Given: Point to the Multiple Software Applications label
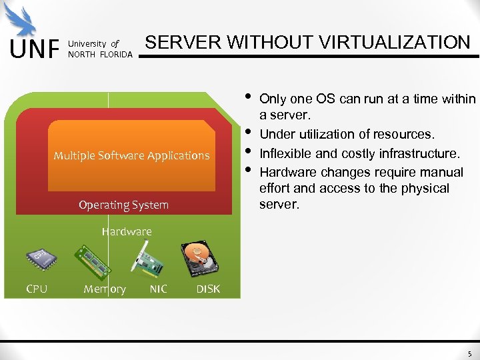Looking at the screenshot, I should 131,155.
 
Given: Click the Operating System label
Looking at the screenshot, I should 123,205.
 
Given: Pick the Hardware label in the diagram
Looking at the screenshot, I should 127,231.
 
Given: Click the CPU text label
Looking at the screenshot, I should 37,289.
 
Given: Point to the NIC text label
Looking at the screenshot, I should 158,289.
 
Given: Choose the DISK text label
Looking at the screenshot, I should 208,289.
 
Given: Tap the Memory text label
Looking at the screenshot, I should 105,289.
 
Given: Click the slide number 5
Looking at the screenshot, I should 469,354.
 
